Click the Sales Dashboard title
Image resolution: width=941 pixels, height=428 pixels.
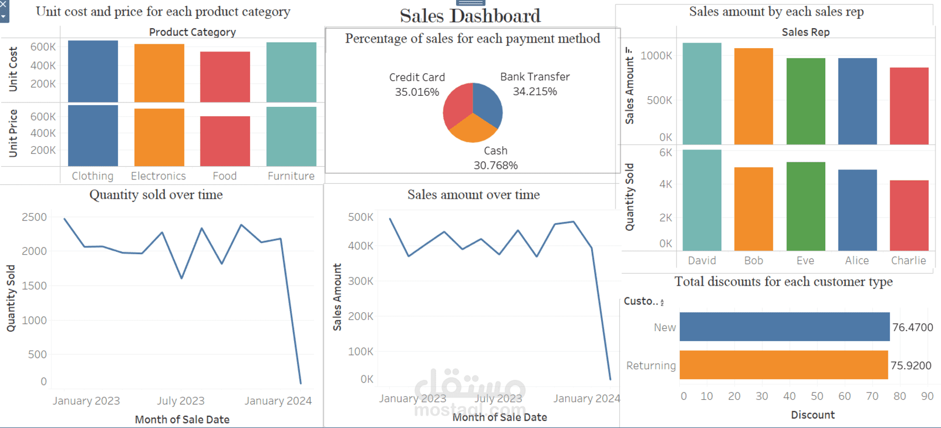click(x=470, y=16)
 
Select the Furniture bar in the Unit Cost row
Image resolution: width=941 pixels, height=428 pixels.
click(x=291, y=72)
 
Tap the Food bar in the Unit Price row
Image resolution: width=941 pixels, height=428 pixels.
click(x=225, y=141)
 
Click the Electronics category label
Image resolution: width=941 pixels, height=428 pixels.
click(x=158, y=176)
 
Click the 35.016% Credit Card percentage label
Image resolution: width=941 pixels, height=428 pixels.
click(x=417, y=92)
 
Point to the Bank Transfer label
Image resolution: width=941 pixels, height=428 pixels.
click(x=535, y=77)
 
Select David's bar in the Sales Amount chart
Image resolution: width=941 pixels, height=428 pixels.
click(x=702, y=94)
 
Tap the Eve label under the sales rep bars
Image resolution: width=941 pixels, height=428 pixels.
click(x=805, y=260)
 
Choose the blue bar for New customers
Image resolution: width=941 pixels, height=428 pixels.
click(x=784, y=327)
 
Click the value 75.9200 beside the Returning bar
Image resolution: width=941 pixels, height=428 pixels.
click(x=911, y=365)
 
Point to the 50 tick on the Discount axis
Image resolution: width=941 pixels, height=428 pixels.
click(x=817, y=396)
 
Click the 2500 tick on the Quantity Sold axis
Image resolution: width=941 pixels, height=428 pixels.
click(x=34, y=217)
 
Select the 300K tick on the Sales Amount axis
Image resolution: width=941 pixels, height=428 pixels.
click(x=360, y=281)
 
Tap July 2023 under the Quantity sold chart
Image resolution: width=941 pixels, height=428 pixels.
click(x=180, y=401)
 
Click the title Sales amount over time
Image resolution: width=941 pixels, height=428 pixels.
click(x=473, y=195)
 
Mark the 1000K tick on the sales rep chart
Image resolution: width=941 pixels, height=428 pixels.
click(x=656, y=55)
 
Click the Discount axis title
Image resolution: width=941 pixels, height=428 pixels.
click(x=813, y=415)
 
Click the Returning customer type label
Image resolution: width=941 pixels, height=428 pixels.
click(x=651, y=365)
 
